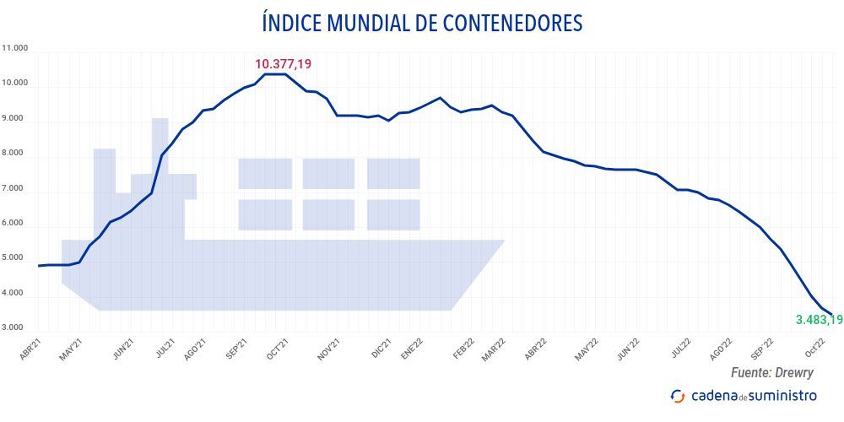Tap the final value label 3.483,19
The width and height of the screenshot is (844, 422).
point(819,320)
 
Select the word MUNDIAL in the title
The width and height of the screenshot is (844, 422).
point(343,24)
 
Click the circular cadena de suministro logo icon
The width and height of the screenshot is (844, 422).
point(677,395)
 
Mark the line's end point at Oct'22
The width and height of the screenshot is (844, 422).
point(831,315)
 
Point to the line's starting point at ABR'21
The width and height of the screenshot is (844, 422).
point(40,266)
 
